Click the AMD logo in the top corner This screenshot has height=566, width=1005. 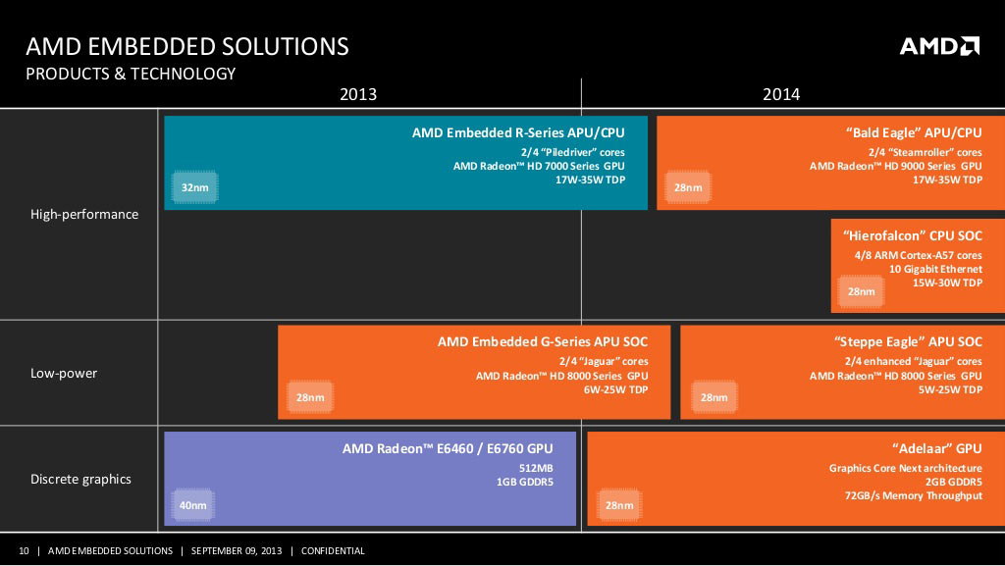939,46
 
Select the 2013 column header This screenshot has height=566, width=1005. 358,94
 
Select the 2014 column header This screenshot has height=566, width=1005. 781,94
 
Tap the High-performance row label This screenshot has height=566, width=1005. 84,214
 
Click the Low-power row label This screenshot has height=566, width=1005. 64,373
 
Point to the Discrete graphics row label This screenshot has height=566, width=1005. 80,479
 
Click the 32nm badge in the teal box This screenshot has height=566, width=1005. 194,186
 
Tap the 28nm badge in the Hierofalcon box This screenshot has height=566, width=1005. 861,291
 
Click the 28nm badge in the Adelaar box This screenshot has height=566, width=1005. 618,505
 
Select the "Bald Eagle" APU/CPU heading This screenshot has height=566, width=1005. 913,132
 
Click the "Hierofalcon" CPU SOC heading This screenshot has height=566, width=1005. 912,236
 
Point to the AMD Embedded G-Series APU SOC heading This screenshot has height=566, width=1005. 543,341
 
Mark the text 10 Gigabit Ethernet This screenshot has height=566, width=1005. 935,269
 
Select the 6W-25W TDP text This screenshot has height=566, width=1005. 616,389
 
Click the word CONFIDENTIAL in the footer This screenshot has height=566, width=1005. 333,551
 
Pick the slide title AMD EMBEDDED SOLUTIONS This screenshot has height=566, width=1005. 186,46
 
